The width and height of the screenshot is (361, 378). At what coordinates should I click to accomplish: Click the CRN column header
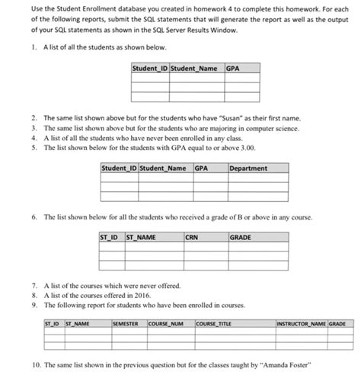[193, 237]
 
